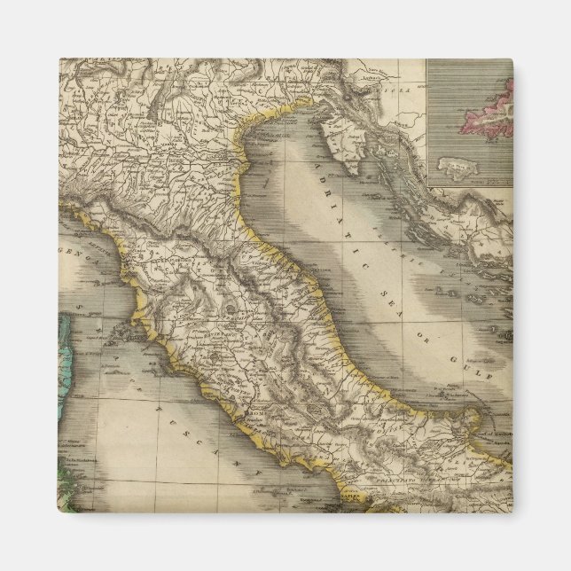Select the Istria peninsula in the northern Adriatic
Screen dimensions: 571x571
[328, 133]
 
